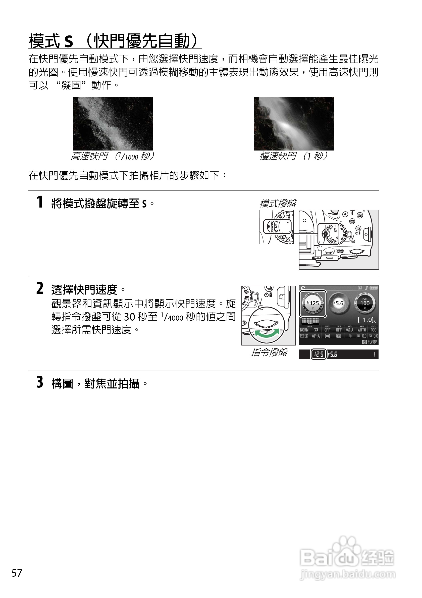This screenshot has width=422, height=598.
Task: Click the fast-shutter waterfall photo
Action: pyautogui.click(x=113, y=123)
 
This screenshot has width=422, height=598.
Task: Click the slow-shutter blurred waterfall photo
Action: pyautogui.click(x=294, y=123)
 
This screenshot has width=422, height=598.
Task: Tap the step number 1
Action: pyautogui.click(x=40, y=202)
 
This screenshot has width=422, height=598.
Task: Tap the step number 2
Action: pyautogui.click(x=40, y=288)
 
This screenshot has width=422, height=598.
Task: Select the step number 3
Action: pyautogui.click(x=40, y=382)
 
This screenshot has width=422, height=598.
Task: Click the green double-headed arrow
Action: pyautogui.click(x=267, y=334)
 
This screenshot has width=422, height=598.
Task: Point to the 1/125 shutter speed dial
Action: pyautogui.click(x=313, y=304)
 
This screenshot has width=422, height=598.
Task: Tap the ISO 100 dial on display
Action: pyautogui.click(x=365, y=303)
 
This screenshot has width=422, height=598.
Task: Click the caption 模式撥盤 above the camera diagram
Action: pyautogui.click(x=278, y=204)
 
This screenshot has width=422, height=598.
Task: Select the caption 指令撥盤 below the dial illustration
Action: pyautogui.click(x=269, y=352)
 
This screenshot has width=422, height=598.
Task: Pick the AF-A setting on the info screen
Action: pyautogui.click(x=315, y=336)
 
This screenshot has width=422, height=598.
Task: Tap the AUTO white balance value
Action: pyautogui.click(x=362, y=330)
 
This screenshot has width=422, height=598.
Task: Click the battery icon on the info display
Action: pyautogui.click(x=374, y=288)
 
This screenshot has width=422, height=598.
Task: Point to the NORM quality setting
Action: pyautogui.click(x=304, y=330)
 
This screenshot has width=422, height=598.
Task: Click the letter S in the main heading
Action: pyautogui.click(x=69, y=41)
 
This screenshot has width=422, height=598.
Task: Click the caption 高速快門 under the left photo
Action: pyautogui.click(x=89, y=156)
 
